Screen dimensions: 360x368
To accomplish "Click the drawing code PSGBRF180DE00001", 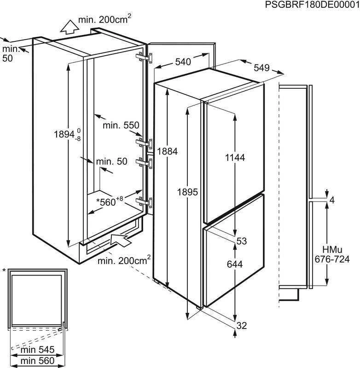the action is pos(312,5).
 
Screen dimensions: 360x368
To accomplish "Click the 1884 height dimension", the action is pos(167,151).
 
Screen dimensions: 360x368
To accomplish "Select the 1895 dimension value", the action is pos(187,192).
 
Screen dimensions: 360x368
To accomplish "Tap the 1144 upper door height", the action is pos(235,157).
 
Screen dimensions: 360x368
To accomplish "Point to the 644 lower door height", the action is pos(235,264).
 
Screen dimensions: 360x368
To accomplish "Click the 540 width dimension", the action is pos(183,62).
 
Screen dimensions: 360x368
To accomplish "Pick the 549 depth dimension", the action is pos(261,68).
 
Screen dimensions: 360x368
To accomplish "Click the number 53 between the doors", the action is pos(242,241).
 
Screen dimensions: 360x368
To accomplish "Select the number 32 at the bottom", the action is pos(242,326).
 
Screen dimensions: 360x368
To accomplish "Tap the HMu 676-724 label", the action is pos(332,254).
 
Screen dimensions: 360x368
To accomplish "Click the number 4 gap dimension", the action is pos(332,201).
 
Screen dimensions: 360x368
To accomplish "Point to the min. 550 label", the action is pos(121,125).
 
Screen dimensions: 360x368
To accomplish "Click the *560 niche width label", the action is pos(110,201).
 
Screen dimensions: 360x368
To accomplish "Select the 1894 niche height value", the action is pos(67,134).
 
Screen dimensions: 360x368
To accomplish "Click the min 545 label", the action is pos(38,350).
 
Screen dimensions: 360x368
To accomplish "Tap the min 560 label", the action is pos(38,361).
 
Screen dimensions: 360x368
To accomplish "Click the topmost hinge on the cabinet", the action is pos(144,57).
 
